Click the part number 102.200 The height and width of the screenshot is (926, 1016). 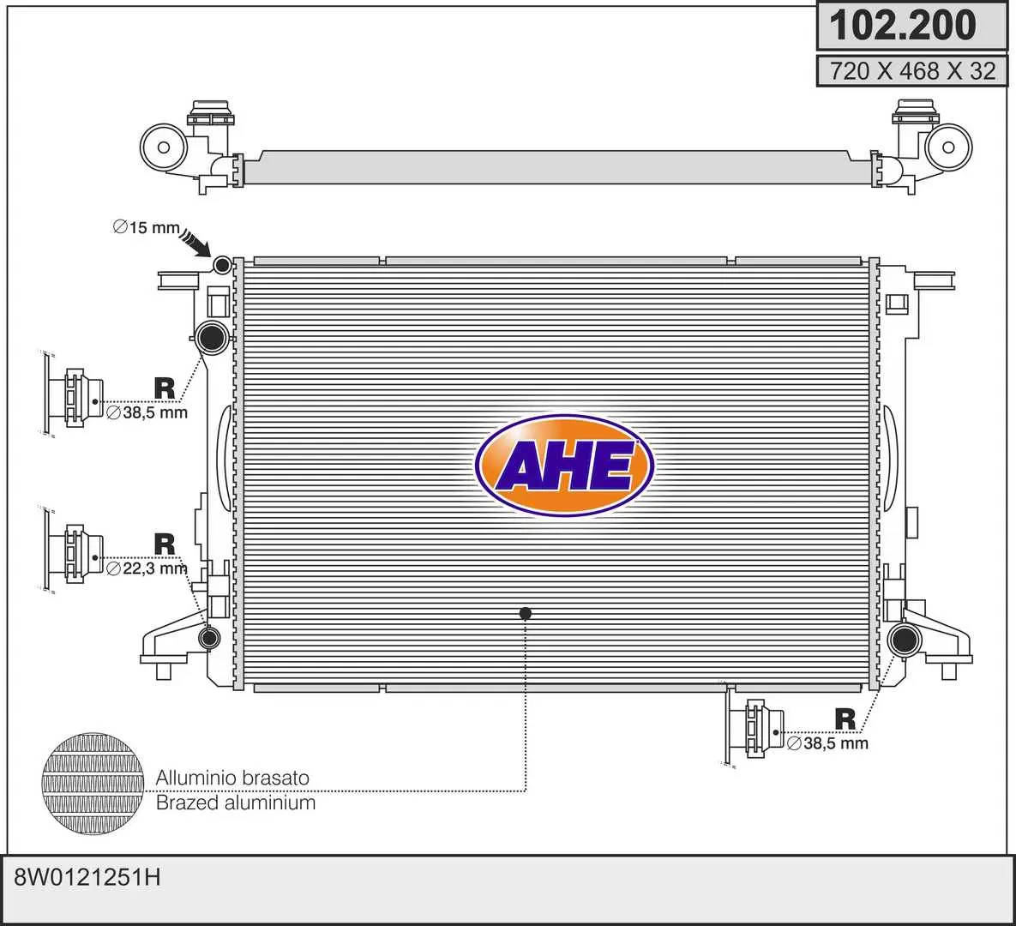pos(902,25)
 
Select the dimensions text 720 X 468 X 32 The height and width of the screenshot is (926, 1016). pos(912,70)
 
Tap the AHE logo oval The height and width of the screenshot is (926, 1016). pos(564,465)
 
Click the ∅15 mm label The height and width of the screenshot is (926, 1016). pos(146,227)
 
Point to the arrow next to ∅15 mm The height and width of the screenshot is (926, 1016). pos(195,243)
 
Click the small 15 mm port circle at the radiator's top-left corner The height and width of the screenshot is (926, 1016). pos(222,264)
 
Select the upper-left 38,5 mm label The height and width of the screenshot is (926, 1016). pos(147,412)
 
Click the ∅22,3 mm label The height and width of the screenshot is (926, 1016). pos(147,569)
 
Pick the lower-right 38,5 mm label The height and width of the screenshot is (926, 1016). pos(827,743)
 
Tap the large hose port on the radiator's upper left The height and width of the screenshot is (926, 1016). pos(212,337)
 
